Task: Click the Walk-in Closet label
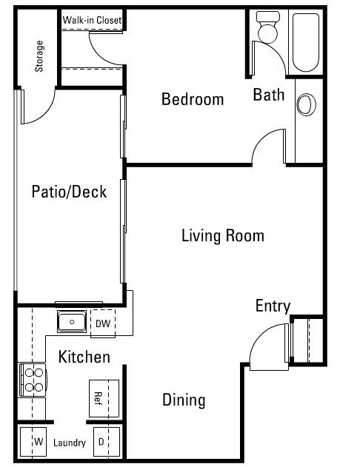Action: click(x=92, y=20)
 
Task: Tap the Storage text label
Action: click(x=39, y=56)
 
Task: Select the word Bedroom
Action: click(x=193, y=99)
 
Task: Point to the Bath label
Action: click(x=268, y=95)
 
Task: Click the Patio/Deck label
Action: click(x=69, y=192)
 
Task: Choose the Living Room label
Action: click(x=222, y=236)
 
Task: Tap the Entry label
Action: click(x=273, y=306)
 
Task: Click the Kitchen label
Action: click(x=84, y=357)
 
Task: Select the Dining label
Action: click(x=184, y=400)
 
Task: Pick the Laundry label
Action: click(x=70, y=443)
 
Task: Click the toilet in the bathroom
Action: click(x=267, y=29)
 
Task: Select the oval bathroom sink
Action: click(x=304, y=105)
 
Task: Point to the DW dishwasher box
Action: click(x=102, y=323)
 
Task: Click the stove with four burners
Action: click(x=33, y=379)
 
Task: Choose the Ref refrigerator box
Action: click(x=103, y=399)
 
